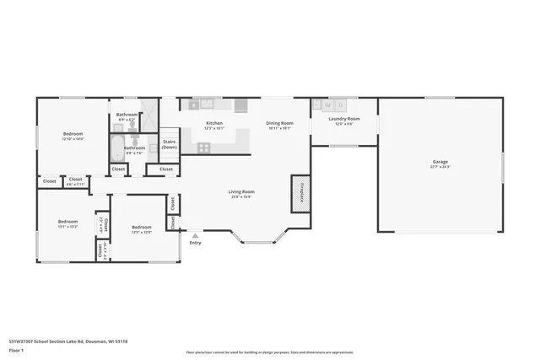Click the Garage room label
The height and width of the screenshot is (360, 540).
pos(440,161)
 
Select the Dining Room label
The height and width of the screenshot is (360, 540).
pos(279,124)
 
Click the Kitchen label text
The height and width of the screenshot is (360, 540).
pos(214,124)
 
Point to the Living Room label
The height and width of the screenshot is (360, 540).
pos(241,191)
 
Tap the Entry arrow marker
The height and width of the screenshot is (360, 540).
pos(195,236)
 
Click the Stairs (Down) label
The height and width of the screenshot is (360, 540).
pos(169,144)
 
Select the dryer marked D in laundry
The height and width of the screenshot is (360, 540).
pos(340,105)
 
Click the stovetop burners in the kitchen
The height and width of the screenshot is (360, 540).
pos(203,148)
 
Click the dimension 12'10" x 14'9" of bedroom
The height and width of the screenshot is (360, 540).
pos(73,139)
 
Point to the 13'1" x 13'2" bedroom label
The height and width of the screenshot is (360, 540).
pos(67,227)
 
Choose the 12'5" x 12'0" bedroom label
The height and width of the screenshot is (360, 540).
pos(141,232)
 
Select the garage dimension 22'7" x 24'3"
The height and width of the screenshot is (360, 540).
pos(440,167)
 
